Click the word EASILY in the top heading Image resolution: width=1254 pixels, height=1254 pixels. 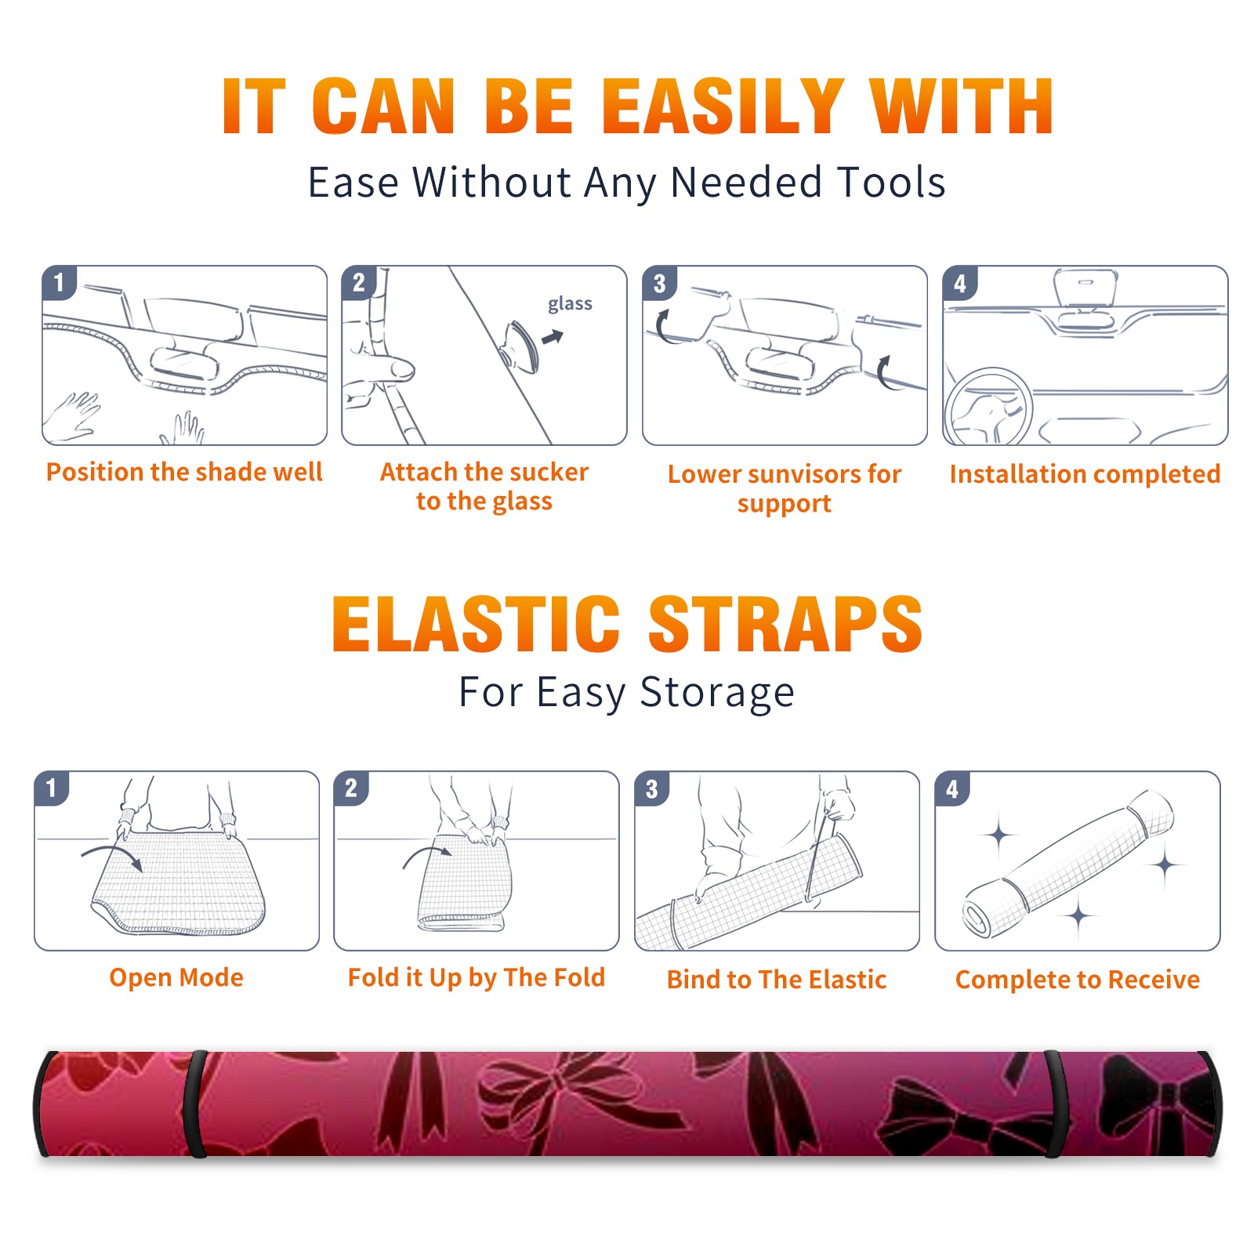[723, 106]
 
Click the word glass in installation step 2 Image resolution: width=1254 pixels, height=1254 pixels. [570, 304]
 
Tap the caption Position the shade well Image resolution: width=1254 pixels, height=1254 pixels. [184, 472]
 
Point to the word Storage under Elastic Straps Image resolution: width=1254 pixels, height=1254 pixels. [717, 693]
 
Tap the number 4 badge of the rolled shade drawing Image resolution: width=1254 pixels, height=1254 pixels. [952, 788]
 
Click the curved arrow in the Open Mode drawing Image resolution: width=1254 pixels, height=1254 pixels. [112, 852]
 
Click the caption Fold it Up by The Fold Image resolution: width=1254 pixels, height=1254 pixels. [477, 978]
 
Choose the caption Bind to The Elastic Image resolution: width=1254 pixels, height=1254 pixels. [777, 980]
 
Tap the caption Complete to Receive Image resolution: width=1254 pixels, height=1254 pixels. [1078, 980]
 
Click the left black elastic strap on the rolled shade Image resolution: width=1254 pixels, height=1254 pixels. [195, 1104]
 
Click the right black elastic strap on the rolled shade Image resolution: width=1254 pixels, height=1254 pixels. [1056, 1104]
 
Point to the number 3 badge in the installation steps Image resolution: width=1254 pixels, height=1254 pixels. [659, 283]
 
